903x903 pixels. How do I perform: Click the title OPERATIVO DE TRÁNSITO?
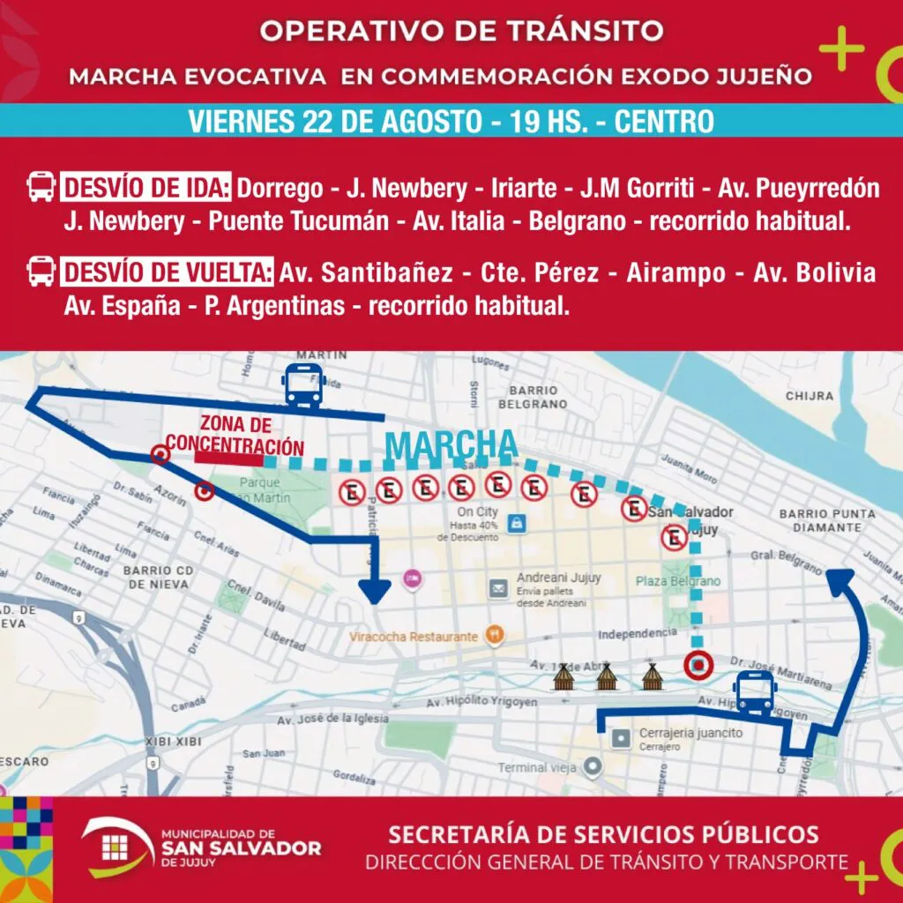click(461, 30)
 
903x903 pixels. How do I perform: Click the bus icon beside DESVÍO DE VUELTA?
click(41, 272)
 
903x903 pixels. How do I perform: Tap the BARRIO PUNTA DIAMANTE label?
click(828, 520)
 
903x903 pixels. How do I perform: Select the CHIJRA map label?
click(809, 396)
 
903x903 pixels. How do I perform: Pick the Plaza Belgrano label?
click(677, 581)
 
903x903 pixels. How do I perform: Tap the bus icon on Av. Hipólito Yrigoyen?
click(756, 692)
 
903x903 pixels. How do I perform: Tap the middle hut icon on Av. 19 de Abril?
click(606, 677)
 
